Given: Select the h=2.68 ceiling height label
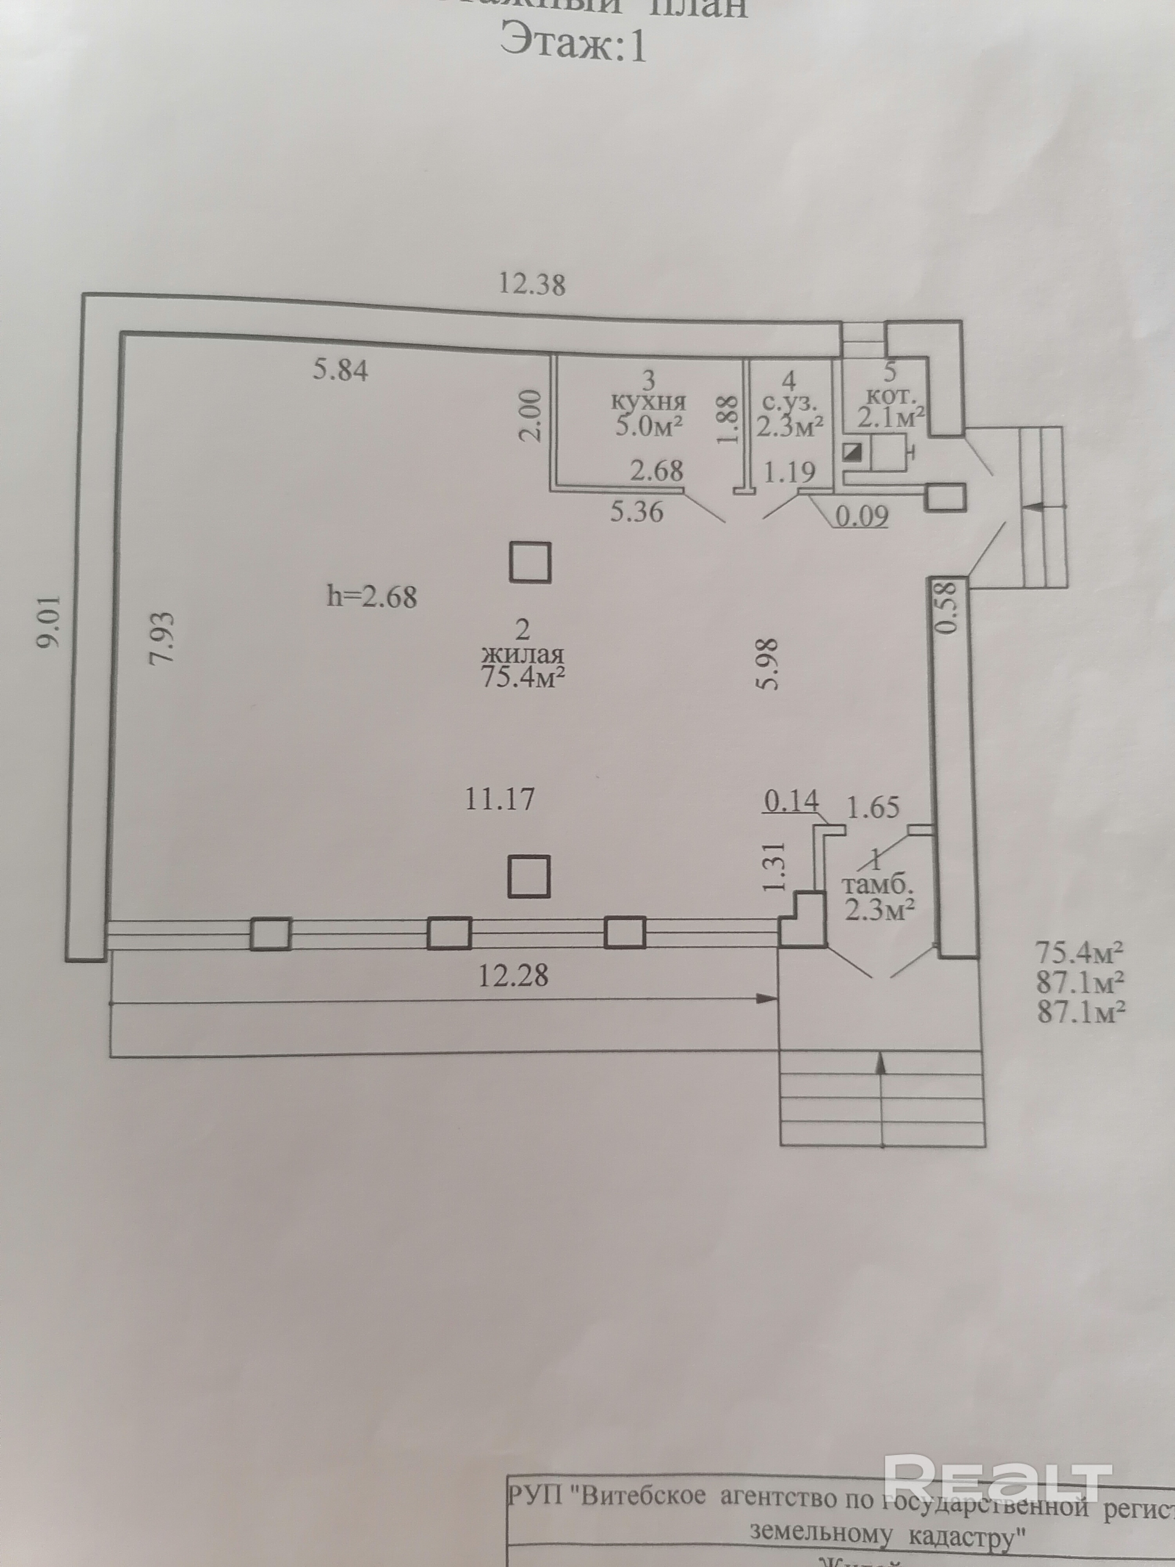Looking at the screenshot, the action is click(x=372, y=597).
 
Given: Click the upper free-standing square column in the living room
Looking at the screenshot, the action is click(x=530, y=562).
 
